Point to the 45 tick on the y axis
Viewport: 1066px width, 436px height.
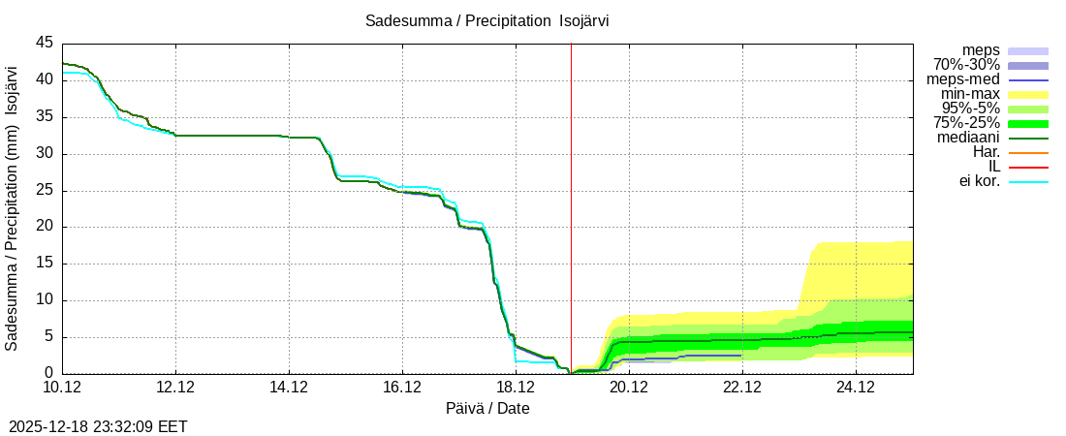pyautogui.click(x=45, y=43)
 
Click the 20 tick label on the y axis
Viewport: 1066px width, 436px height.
pyautogui.click(x=45, y=227)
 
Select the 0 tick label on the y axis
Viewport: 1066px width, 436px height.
pyautogui.click(x=48, y=373)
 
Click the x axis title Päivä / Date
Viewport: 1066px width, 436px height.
pyautogui.click(x=487, y=408)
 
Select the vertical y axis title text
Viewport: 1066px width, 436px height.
pyautogui.click(x=12, y=208)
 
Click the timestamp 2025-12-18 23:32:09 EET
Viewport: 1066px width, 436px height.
pyautogui.click(x=98, y=425)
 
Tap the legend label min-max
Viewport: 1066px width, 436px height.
pyautogui.click(x=970, y=94)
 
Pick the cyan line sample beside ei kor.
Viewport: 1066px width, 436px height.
pyautogui.click(x=1028, y=181)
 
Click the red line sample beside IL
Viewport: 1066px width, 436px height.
pyautogui.click(x=1028, y=167)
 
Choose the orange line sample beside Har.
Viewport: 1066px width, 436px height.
pyautogui.click(x=1028, y=152)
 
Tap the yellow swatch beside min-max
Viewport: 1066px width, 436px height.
pyautogui.click(x=1028, y=94)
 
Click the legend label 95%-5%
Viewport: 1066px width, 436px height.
pyautogui.click(x=971, y=109)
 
